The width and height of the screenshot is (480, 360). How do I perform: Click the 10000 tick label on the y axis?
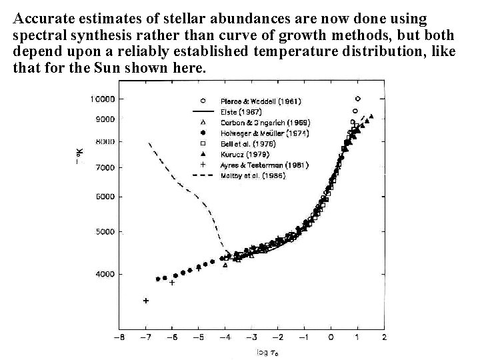click(x=102, y=99)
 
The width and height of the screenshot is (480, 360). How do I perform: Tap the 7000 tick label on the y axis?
click(x=104, y=167)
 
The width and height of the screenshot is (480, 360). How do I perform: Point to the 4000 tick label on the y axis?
click(x=104, y=274)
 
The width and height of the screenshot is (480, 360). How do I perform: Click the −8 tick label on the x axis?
click(x=118, y=338)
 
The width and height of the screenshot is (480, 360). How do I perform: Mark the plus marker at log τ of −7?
click(x=146, y=301)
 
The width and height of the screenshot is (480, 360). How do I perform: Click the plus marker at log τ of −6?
click(x=172, y=283)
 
